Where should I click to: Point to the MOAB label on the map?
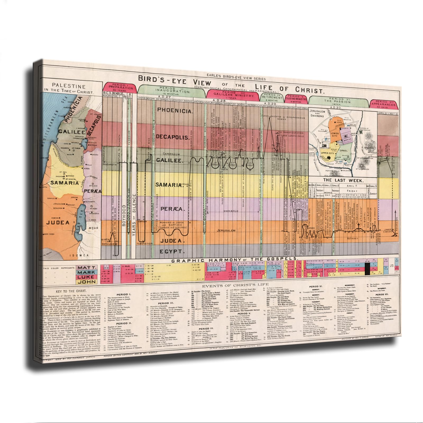tap(95, 228)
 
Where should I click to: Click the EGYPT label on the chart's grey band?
tap(171, 251)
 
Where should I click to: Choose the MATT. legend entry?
tap(87, 268)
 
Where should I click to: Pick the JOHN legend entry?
tap(87, 282)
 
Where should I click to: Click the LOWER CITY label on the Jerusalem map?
tap(334, 135)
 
